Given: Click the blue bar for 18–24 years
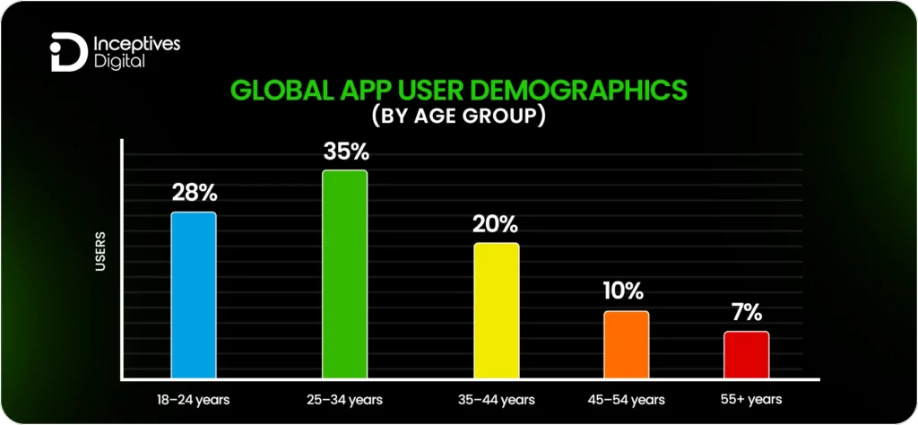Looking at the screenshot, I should [x=194, y=295].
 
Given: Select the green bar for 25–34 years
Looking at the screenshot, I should [x=345, y=273].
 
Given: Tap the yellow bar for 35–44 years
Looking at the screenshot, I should [x=496, y=310].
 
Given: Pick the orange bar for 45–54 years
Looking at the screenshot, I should [x=626, y=344].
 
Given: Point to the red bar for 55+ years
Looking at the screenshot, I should [x=747, y=354].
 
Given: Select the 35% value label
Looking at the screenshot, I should [x=345, y=152].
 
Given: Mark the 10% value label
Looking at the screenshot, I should [x=626, y=291].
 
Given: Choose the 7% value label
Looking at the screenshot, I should [x=747, y=313].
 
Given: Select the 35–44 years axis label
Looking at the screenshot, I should [x=496, y=399].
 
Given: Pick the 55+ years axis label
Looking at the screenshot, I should [x=751, y=399].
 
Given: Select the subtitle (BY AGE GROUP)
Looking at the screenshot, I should [x=459, y=117].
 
